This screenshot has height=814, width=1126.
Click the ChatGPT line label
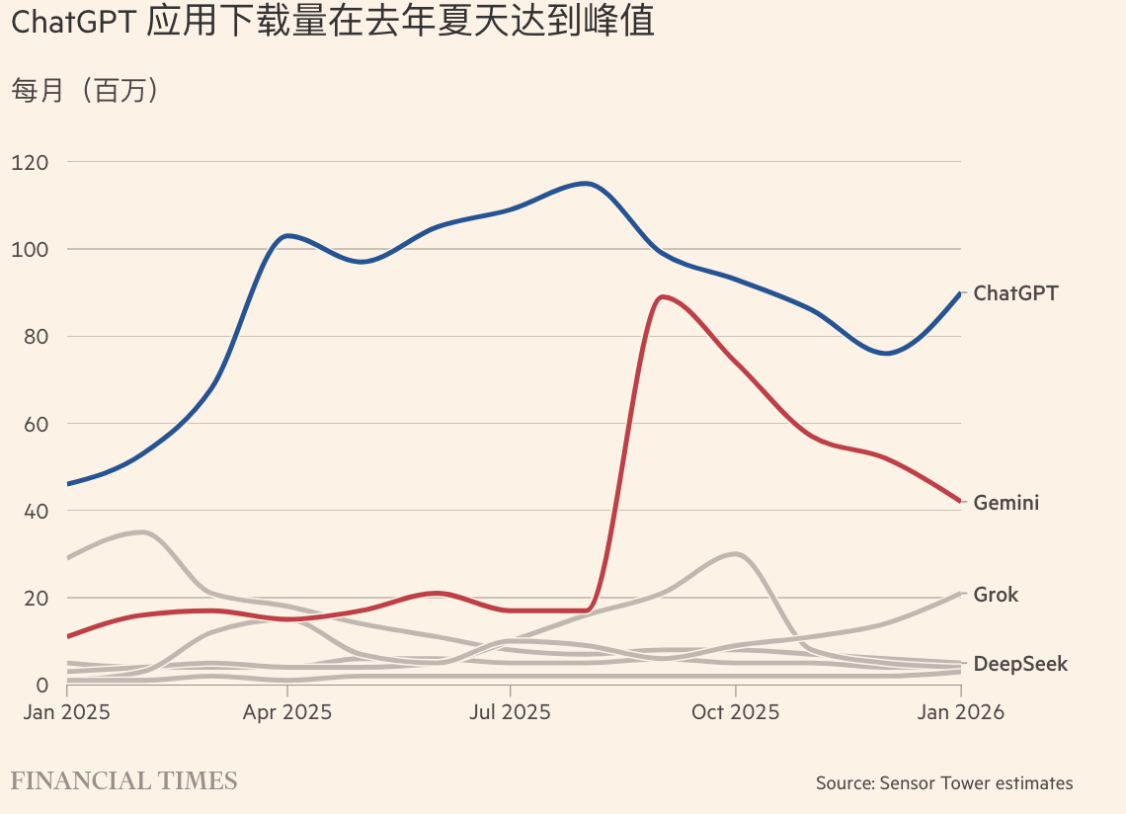[x=1015, y=293]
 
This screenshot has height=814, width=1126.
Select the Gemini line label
[x=1006, y=503]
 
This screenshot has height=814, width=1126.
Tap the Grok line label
[x=996, y=595]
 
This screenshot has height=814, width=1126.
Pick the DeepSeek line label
[x=1020, y=664]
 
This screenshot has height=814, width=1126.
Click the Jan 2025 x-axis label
[x=65, y=712]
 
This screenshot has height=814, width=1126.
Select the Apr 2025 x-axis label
[x=286, y=712]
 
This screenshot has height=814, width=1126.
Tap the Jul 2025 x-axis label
[x=510, y=712]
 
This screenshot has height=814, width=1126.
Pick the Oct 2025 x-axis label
[x=735, y=712]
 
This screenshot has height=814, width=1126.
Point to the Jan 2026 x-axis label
[x=959, y=712]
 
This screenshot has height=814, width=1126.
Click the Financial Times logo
[x=123, y=781]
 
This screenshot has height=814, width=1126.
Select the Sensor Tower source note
[x=943, y=783]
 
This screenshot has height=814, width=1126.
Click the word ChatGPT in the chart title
[x=73, y=24]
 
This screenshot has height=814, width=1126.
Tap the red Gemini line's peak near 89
[x=661, y=296]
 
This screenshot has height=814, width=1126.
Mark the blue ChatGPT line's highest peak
[x=586, y=183]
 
